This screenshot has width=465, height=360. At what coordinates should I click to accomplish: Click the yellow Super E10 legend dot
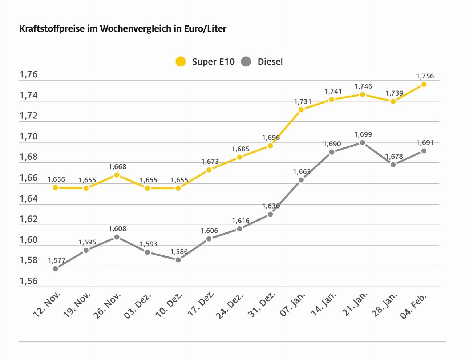181,62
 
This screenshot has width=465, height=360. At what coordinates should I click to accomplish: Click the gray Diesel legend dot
246,62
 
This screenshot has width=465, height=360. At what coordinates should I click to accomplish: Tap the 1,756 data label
425,76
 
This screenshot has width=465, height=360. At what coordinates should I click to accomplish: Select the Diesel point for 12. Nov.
55,268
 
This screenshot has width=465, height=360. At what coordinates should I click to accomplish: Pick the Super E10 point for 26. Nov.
117,175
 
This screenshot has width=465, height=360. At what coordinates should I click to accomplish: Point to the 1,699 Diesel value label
363,135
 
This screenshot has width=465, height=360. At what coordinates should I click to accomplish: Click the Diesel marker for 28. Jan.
393,165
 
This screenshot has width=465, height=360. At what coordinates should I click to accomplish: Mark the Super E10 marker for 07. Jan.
301,109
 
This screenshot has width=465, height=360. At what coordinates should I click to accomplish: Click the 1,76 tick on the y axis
29,75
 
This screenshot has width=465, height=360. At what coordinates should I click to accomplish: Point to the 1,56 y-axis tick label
29,281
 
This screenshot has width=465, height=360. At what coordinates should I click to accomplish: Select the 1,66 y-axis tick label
29,178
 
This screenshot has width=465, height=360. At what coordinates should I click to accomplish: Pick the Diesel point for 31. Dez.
270,214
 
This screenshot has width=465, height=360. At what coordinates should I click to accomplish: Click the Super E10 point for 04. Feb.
424,84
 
